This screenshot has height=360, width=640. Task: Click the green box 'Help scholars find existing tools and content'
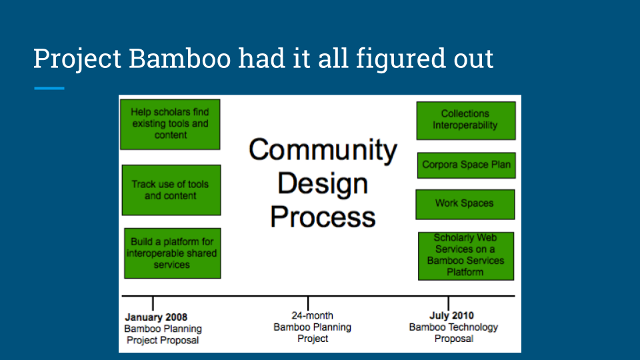170,124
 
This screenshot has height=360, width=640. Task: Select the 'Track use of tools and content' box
171,190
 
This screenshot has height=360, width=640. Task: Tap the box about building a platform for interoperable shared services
172,253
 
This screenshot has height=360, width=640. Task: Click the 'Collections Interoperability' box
465,120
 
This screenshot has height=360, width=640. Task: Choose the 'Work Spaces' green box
465,204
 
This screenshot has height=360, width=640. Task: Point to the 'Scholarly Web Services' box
465,255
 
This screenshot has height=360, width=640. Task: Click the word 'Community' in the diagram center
323,149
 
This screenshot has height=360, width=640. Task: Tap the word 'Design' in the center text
323,183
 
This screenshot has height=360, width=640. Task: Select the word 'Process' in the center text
323,217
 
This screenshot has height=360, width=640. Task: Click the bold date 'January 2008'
156,317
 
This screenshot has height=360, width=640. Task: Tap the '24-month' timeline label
312,315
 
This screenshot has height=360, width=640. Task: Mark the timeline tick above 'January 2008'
153,303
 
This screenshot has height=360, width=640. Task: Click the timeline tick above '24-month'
307,303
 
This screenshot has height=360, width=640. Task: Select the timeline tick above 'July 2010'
448,303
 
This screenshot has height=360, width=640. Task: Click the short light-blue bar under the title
49,88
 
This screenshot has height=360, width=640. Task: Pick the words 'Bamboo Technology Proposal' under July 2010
453,333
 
